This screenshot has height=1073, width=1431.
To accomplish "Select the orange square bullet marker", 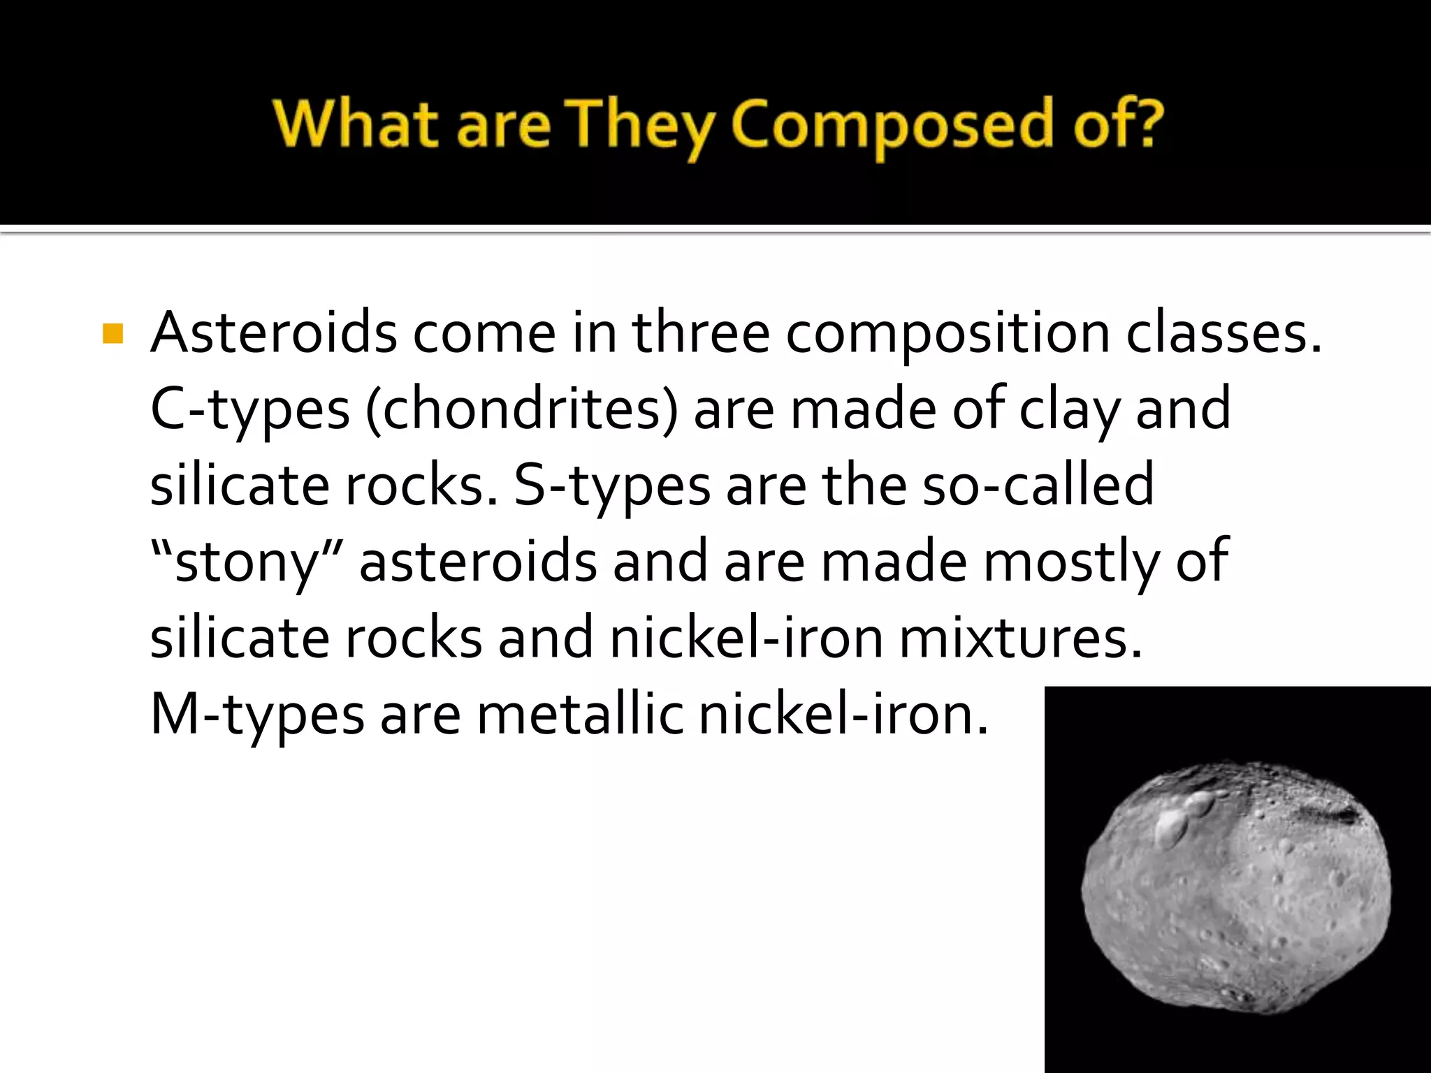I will tap(112, 334).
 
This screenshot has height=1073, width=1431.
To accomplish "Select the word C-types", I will tap(249, 409).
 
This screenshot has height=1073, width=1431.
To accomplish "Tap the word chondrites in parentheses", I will tap(521, 409).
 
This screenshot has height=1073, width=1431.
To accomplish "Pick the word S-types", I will tap(612, 486).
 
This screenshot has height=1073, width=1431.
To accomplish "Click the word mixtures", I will tap(1020, 638).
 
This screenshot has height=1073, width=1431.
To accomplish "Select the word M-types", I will tap(257, 715).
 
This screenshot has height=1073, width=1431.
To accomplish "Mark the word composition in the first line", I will tap(948, 334).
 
